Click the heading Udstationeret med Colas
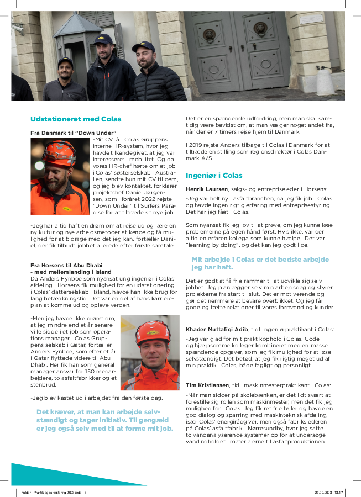(x=76, y=119)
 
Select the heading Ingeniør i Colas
(x=214, y=176)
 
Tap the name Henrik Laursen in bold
(x=206, y=189)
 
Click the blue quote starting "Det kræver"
(x=104, y=420)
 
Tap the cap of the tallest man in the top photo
(x=103, y=40)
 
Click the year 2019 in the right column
(x=193, y=145)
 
